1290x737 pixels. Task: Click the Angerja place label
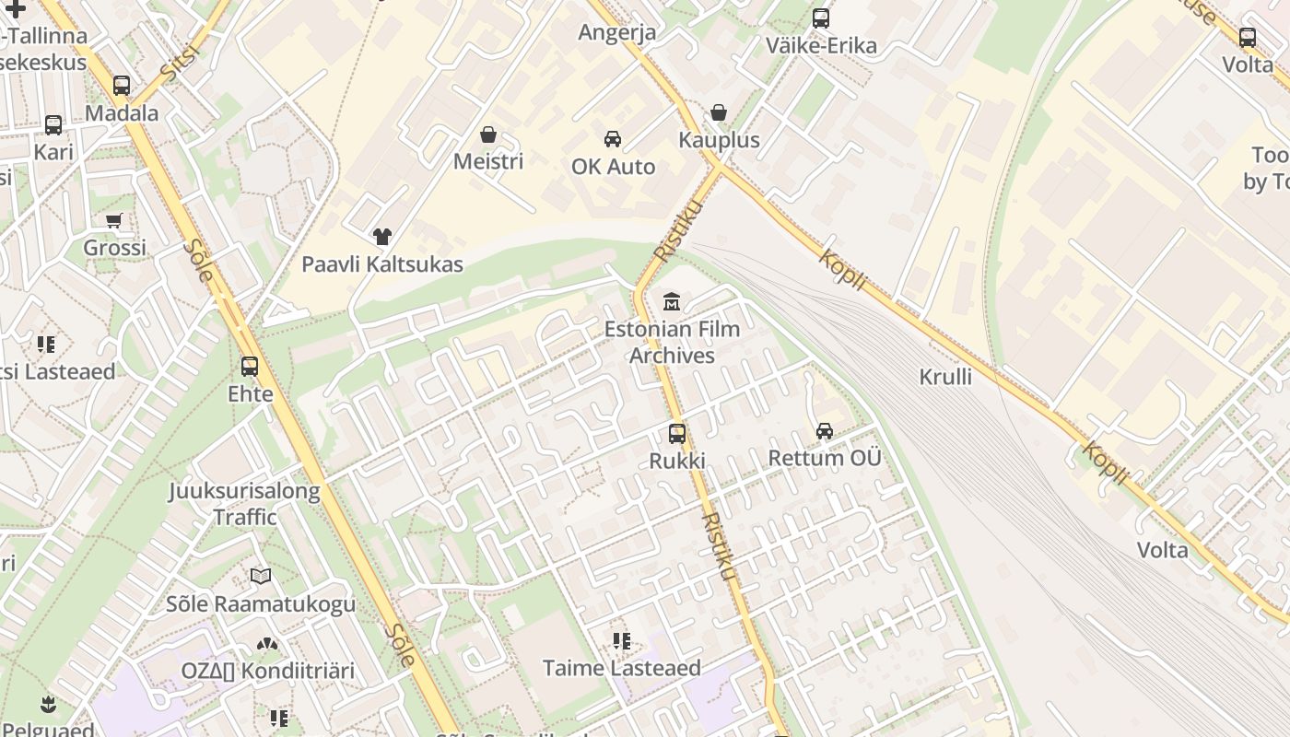click(617, 32)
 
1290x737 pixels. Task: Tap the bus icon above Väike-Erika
click(821, 18)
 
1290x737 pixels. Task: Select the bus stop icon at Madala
click(122, 86)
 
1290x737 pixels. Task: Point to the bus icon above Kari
click(53, 125)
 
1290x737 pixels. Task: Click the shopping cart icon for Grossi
click(114, 221)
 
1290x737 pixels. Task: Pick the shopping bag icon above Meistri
click(488, 135)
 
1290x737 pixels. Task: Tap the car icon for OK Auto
click(613, 139)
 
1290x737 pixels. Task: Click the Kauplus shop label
click(719, 140)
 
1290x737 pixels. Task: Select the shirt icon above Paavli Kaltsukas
click(382, 237)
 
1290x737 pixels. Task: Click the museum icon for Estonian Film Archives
click(672, 301)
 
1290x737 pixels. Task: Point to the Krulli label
click(945, 376)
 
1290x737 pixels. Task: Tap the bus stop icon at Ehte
click(250, 367)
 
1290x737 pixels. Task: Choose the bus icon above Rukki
click(677, 434)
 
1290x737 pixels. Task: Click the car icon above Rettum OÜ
click(825, 431)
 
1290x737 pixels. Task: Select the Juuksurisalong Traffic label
click(244, 504)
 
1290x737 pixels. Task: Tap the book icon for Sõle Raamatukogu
click(261, 577)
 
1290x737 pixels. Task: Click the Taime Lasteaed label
click(622, 668)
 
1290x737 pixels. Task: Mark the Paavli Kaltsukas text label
click(382, 264)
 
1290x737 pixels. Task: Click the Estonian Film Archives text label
click(672, 342)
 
